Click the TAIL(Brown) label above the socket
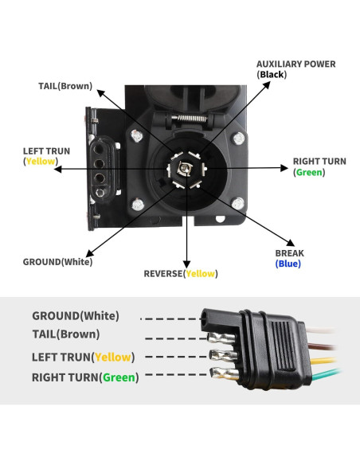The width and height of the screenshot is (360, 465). (x=65, y=86)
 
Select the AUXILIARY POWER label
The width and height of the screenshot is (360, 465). (x=295, y=64)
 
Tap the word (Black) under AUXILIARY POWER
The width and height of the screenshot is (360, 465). (x=272, y=75)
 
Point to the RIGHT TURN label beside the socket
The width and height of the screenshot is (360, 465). (x=319, y=162)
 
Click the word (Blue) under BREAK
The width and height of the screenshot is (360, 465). (x=288, y=264)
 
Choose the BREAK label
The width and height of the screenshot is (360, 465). (x=289, y=253)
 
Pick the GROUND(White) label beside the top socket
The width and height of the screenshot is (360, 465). (x=57, y=261)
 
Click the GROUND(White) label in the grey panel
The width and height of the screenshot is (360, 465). (x=75, y=316)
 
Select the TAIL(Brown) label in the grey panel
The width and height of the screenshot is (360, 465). (x=65, y=334)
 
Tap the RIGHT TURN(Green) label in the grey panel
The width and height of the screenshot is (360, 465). (x=84, y=377)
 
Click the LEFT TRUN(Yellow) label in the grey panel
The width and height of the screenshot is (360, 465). (x=83, y=358)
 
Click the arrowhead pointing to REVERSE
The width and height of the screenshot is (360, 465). (x=187, y=263)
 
